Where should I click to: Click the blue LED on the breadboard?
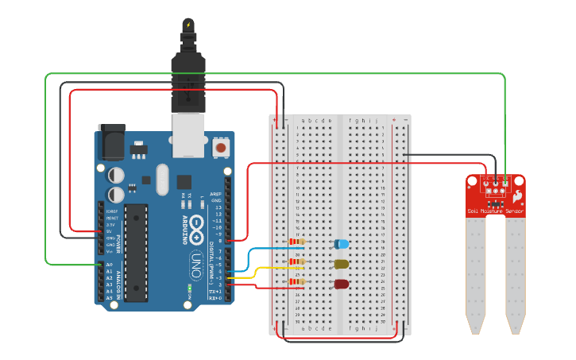(342, 244)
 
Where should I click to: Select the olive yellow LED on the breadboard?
(342, 264)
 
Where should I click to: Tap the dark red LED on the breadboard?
(342, 285)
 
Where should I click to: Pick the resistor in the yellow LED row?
(298, 261)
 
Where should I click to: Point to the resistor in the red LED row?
(298, 281)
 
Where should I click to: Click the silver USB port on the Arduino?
(188, 131)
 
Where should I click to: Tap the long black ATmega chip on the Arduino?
(136, 252)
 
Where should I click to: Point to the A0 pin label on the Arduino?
(109, 265)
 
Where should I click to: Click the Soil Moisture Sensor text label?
(495, 211)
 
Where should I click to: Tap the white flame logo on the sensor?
(516, 195)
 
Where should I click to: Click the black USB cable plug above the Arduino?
(187, 79)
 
